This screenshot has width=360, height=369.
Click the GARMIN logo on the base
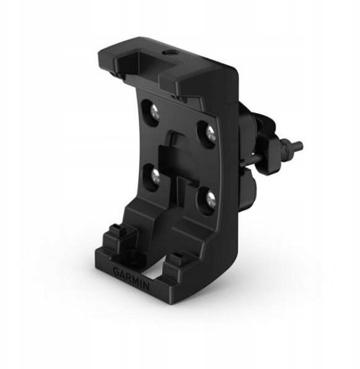131,279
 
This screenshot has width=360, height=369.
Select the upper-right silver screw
211,134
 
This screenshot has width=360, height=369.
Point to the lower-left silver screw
155,176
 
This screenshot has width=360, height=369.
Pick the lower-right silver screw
211,199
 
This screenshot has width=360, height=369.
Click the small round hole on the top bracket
167,53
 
